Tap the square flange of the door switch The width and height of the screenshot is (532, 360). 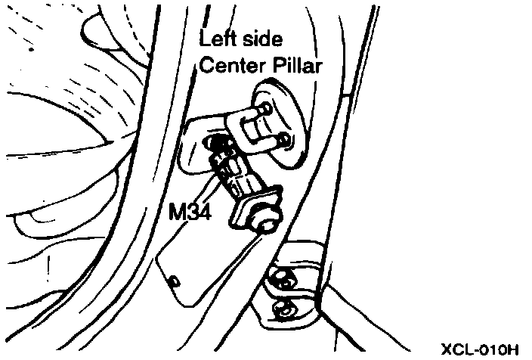[x=252, y=209]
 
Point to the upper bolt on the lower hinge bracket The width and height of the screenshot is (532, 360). [x=283, y=279]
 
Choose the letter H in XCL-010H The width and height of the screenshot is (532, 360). [x=513, y=349]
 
